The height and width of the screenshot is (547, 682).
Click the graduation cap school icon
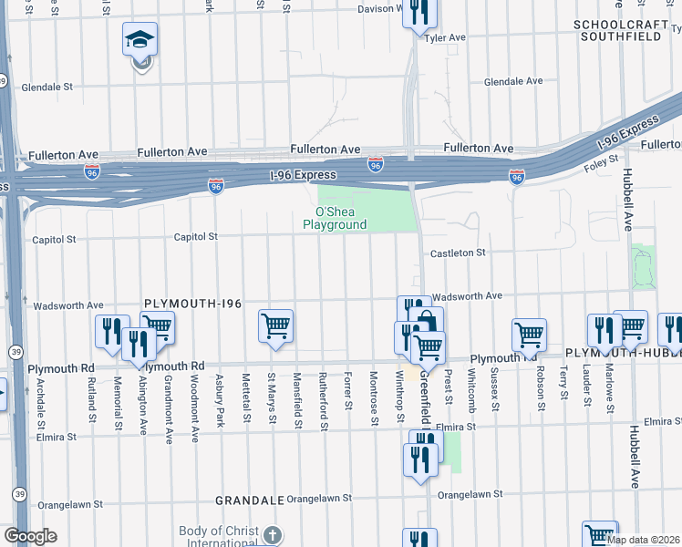140,39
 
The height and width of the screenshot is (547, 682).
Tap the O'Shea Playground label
335,218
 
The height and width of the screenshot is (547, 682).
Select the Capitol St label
197,237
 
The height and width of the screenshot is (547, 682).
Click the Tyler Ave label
446,38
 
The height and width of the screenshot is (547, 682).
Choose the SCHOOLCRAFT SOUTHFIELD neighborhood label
628,30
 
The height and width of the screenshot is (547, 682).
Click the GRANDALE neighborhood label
250,501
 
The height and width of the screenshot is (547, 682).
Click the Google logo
29,536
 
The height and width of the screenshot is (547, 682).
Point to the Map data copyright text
643,540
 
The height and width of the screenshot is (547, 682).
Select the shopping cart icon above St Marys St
275,326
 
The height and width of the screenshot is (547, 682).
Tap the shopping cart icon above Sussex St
529,335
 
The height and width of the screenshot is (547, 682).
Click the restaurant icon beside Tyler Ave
420,13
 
